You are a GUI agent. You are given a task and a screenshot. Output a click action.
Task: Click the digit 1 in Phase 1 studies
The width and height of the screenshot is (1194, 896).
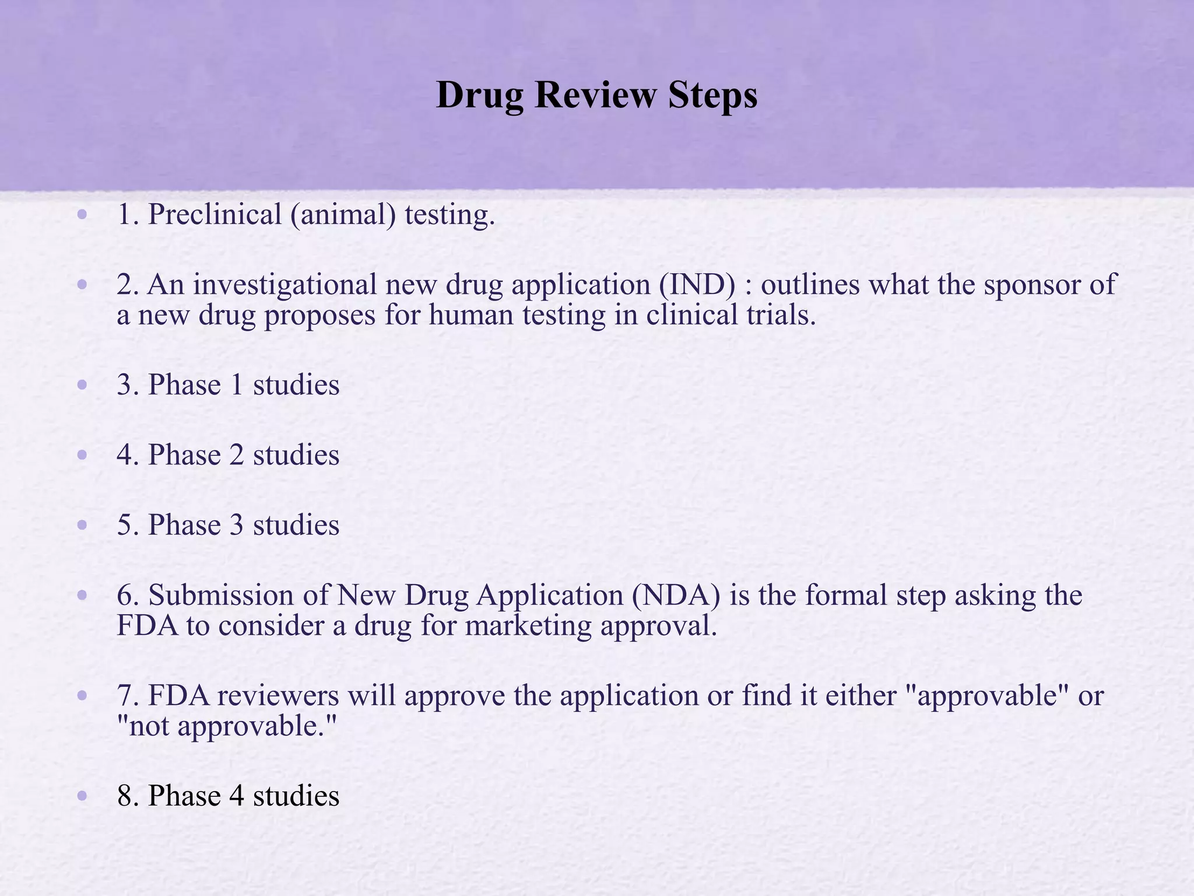pyautogui.click(x=237, y=385)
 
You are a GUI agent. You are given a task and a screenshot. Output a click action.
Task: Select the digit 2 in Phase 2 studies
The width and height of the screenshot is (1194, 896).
pyautogui.click(x=237, y=455)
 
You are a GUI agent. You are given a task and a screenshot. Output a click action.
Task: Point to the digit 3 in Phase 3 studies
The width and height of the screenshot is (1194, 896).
pyautogui.click(x=237, y=525)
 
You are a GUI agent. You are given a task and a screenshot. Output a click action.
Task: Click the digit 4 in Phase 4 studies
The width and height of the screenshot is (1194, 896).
pyautogui.click(x=237, y=796)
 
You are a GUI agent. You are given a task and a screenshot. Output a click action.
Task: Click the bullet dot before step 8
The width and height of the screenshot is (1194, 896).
pyautogui.click(x=82, y=796)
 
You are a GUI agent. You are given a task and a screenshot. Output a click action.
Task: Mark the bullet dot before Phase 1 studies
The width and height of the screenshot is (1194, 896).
pyautogui.click(x=82, y=385)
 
